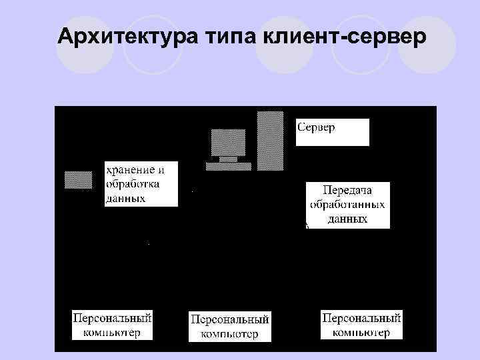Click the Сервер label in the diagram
317,127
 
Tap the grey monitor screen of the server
227,142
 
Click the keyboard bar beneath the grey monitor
228,165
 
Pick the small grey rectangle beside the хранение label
78,179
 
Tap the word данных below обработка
126,197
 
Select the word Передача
347,190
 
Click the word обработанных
347,204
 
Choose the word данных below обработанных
347,218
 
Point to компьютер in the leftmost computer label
112,332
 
